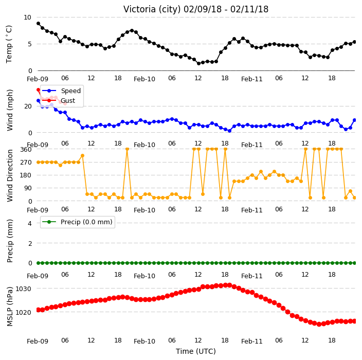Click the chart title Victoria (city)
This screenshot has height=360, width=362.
(152, 9)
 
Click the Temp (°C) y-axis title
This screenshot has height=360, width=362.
(9, 44)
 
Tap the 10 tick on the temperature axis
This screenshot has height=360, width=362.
(27, 17)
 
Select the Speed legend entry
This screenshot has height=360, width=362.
(61, 91)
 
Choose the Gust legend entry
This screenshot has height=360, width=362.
(59, 100)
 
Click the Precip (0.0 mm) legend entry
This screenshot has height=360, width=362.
(77, 222)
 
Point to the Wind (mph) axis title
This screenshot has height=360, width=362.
(10, 110)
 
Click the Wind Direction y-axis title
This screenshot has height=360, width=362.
(10, 176)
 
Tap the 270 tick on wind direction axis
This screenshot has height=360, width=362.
(26, 163)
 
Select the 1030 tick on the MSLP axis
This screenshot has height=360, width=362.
(23, 289)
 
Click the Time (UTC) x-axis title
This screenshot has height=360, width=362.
(196, 351)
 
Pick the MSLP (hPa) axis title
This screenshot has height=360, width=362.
(10, 307)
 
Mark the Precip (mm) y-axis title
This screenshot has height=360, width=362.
(10, 241)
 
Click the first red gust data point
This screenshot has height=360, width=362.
(39, 90)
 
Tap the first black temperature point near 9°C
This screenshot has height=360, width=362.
(39, 24)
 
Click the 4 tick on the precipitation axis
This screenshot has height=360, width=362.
(30, 223)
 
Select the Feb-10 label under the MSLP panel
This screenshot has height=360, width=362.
(144, 341)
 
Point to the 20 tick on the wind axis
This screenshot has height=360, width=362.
(28, 106)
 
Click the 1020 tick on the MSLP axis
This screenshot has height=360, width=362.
(23, 313)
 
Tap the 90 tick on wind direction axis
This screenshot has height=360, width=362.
(28, 188)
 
